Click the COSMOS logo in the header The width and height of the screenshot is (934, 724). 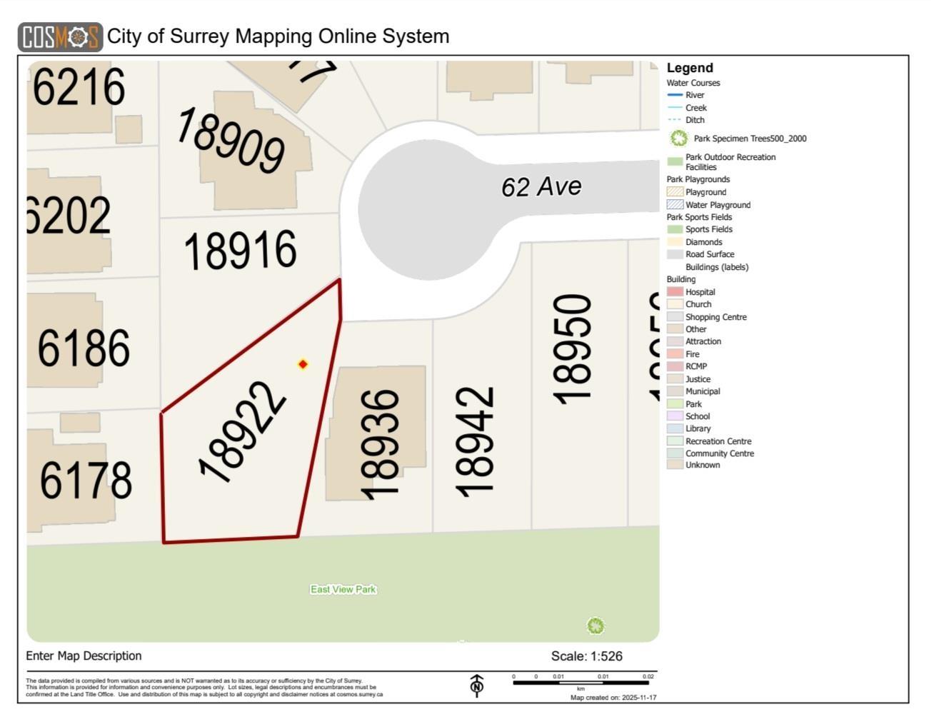point(60,37)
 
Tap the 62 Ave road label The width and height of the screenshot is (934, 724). point(541,186)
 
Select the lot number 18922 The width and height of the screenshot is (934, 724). point(242,433)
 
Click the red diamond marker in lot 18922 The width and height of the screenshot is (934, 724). point(303,364)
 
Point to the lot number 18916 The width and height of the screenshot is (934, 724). point(240,250)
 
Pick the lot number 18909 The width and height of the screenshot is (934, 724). point(230,140)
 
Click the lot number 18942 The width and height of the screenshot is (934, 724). point(474,442)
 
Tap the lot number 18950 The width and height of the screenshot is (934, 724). point(572,349)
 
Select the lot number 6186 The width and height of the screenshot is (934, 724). point(84,348)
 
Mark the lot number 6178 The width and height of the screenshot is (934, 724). point(86,480)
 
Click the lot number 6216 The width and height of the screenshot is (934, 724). point(79,87)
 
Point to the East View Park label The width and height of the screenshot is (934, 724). point(343,589)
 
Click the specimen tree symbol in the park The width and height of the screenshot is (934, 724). point(596,626)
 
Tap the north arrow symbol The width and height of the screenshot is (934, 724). point(477,685)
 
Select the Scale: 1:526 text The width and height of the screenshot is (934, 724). point(586,656)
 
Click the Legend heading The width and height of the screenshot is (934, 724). point(690,68)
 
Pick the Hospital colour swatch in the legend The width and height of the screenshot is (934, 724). point(675,292)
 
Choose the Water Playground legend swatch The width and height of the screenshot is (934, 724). point(675,205)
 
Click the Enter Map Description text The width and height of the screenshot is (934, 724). point(84,655)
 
